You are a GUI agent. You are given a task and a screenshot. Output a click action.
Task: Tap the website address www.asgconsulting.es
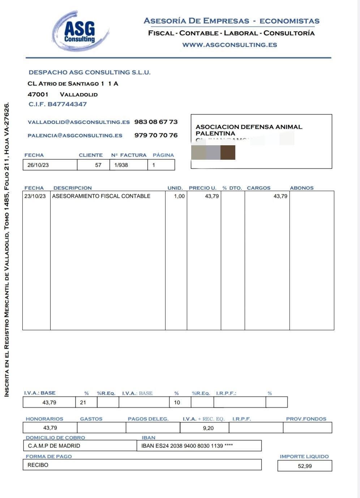click(x=230, y=45)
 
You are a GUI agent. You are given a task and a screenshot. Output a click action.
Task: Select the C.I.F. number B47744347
click(x=58, y=104)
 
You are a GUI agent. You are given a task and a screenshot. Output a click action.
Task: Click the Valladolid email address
click(x=78, y=122)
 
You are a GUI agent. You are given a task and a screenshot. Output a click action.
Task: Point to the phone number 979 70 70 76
click(x=156, y=135)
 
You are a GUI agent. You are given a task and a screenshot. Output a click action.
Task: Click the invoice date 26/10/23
click(x=38, y=165)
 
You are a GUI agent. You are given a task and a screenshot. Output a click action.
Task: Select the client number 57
click(x=98, y=165)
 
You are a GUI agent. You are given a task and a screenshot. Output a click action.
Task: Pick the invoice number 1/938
click(x=121, y=165)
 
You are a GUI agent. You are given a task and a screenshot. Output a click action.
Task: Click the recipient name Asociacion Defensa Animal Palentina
click(x=249, y=130)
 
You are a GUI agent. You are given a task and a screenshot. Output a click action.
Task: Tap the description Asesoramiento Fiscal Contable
click(x=101, y=196)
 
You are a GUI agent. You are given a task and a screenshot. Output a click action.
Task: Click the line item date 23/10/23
click(x=35, y=196)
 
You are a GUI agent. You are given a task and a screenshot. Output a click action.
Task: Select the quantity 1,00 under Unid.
click(x=179, y=196)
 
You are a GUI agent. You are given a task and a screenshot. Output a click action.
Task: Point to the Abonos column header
click(x=301, y=188)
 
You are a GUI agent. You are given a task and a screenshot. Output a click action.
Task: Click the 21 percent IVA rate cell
click(x=83, y=402)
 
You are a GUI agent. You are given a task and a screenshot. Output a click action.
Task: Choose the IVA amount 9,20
click(x=208, y=428)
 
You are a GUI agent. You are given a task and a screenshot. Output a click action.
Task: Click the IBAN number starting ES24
click(x=187, y=446)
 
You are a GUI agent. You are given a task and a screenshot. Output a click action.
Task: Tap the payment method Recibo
click(x=38, y=465)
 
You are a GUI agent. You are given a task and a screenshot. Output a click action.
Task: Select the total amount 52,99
click(x=305, y=466)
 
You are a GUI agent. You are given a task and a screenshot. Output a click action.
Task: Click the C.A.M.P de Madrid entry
click(x=54, y=446)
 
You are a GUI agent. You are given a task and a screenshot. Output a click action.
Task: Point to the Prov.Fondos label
click(x=306, y=419)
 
